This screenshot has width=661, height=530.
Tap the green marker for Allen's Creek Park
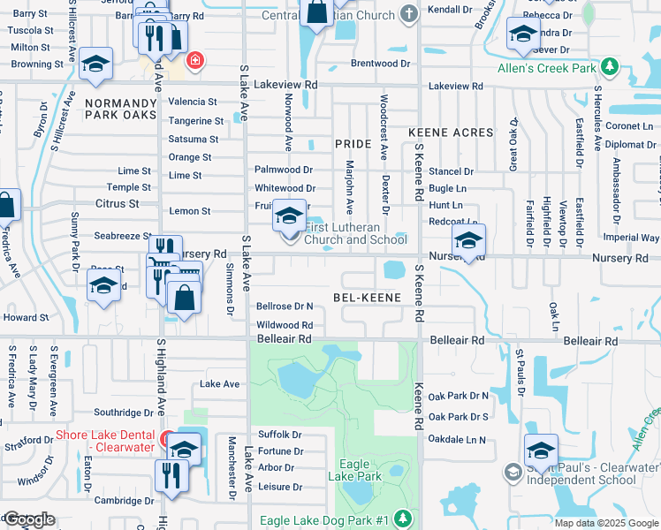click(608, 67)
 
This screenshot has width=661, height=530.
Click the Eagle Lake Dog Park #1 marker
click(404, 517)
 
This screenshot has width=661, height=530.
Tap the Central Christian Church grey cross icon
click(407, 14)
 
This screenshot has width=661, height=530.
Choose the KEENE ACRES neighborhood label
click(451, 132)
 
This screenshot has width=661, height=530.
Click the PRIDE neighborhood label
click(352, 143)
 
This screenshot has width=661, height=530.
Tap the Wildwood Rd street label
click(285, 325)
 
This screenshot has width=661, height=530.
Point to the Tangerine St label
click(195, 121)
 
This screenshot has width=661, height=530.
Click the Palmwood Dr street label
click(284, 170)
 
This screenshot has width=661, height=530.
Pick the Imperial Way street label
click(631, 238)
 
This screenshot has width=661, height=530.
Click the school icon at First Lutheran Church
click(288, 216)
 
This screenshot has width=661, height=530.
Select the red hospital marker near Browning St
click(194, 61)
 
